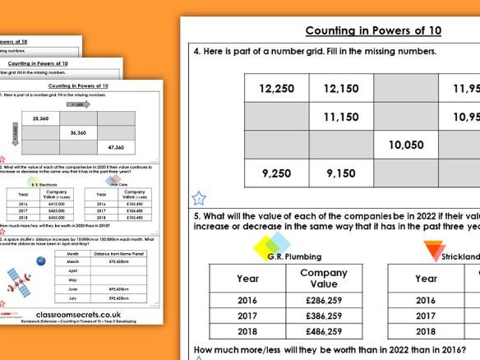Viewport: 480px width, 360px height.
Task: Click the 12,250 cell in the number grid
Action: pyautogui.click(x=277, y=89)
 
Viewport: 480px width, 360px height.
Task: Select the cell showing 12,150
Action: pyautogui.click(x=340, y=89)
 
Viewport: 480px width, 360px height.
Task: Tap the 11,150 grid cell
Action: pyautogui.click(x=340, y=118)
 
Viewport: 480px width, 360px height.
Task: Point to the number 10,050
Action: pyautogui.click(x=405, y=145)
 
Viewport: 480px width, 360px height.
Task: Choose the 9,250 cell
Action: pyautogui.click(x=277, y=173)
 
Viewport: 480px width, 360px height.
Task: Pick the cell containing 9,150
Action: pyautogui.click(x=340, y=173)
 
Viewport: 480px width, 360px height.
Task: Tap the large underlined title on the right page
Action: pyautogui.click(x=373, y=30)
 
